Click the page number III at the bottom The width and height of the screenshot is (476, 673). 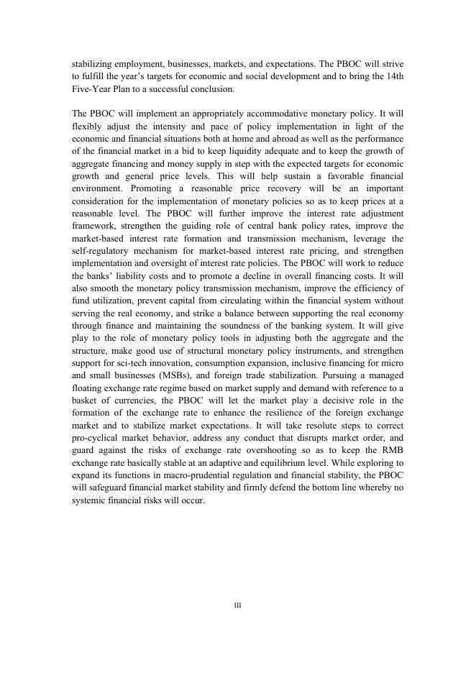(238, 605)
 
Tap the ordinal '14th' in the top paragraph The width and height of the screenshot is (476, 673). (395, 76)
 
